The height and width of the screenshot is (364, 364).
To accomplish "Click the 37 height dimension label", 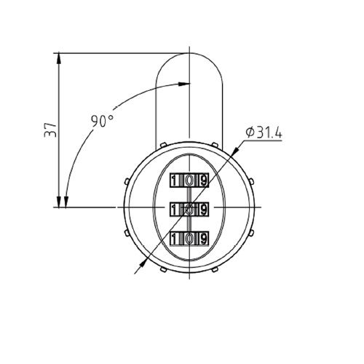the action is click(x=50, y=130).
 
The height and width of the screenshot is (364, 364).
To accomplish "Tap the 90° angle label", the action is click(x=102, y=121).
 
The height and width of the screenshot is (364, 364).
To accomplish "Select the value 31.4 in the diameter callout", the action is click(x=269, y=132).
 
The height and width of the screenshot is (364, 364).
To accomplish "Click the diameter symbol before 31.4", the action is click(x=250, y=132).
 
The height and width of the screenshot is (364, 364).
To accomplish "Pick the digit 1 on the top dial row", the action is click(x=173, y=181).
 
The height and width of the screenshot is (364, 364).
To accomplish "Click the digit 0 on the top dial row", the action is click(x=189, y=181).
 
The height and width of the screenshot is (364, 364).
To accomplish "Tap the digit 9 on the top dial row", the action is click(x=203, y=181).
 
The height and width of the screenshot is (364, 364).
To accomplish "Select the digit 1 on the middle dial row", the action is click(x=173, y=210).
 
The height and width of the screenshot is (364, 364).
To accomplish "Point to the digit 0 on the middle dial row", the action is click(x=189, y=210).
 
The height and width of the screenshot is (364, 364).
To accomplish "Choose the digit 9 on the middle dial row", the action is click(x=203, y=210).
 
